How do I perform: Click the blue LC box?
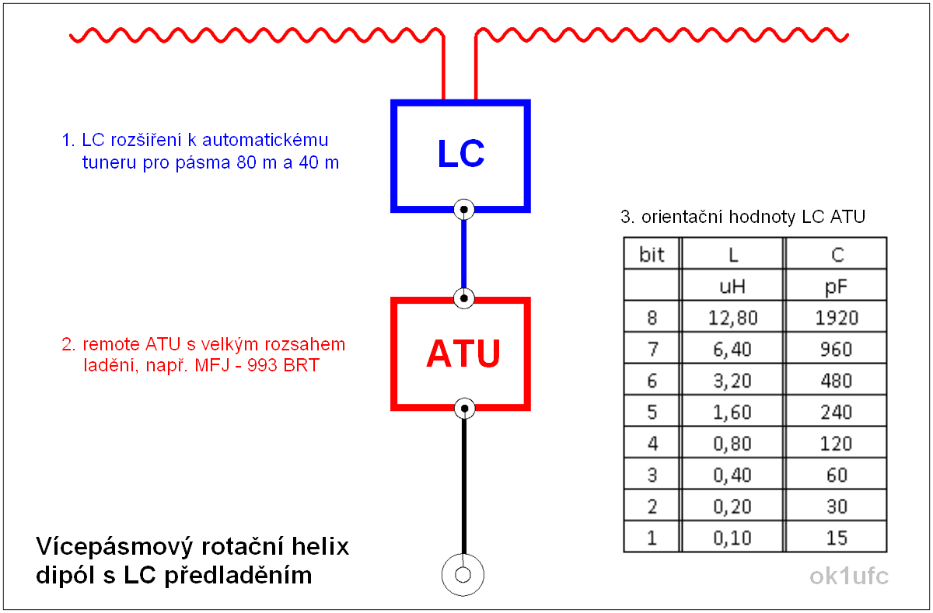[460, 155]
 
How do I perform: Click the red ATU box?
[460, 354]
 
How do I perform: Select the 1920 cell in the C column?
[837, 318]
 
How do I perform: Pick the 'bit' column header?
[652, 255]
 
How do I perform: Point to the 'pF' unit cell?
[837, 287]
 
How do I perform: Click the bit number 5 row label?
[652, 412]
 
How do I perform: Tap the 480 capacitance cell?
[837, 381]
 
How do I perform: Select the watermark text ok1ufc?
[848, 576]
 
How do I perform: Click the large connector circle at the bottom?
[463, 576]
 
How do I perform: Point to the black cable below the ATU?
[464, 482]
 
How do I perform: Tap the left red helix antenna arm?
[257, 34]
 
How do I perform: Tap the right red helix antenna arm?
[661, 34]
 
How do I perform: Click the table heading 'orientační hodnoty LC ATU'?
[753, 218]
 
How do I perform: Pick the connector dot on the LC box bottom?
[464, 209]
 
